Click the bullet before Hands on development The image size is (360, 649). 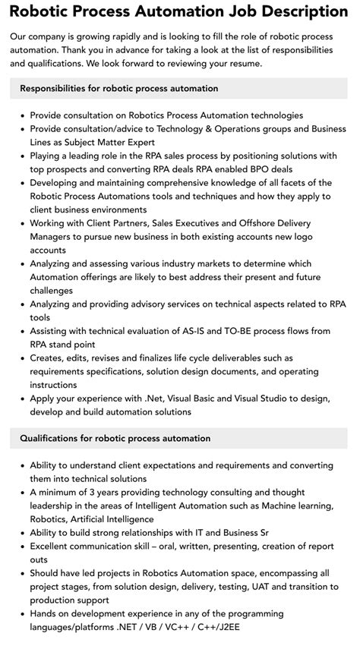point(21,616)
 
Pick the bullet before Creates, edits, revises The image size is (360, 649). point(21,358)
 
